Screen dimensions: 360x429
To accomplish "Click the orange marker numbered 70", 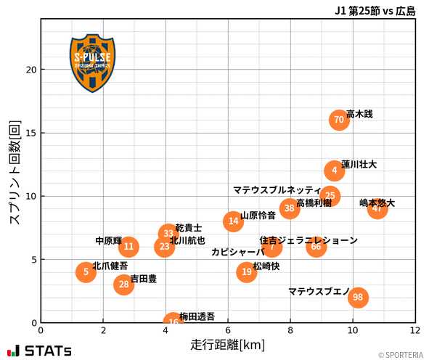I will tap(339, 120).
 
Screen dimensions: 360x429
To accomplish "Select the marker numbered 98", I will tap(358, 297).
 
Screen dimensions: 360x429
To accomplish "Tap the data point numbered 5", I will tap(86, 272).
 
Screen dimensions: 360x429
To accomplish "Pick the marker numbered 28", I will tap(124, 284).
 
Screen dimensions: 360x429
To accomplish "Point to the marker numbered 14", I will tap(233, 221).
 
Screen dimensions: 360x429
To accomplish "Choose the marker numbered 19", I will tap(247, 272).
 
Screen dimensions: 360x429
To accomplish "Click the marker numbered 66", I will tap(316, 247).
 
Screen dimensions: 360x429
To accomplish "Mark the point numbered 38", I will tap(290, 208).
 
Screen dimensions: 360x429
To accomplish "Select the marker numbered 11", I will tap(129, 247).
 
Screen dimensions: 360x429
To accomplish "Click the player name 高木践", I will tap(359, 114).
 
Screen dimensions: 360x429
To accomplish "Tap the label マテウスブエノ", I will tap(319, 292).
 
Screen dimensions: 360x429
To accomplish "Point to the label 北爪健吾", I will tap(110, 266).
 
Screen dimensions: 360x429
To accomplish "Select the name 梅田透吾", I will tap(197, 316).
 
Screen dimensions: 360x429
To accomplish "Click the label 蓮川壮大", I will tap(359, 165).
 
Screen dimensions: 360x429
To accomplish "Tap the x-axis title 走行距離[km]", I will tap(228, 343).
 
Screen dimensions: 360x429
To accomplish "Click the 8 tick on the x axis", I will tap(290, 330).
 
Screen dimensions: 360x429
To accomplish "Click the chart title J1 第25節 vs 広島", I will tap(375, 11).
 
